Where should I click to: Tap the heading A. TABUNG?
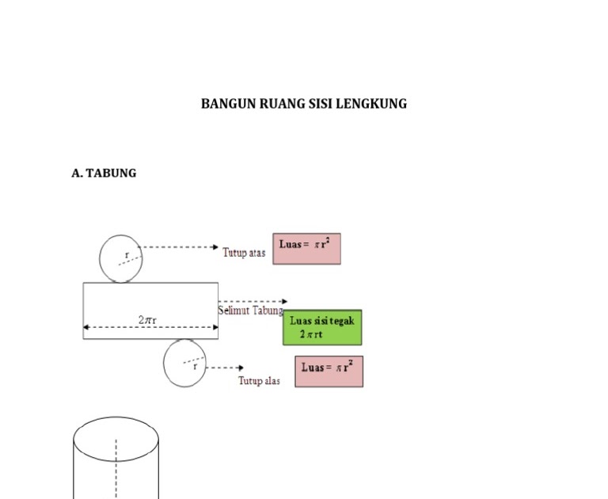pyautogui.click(x=104, y=173)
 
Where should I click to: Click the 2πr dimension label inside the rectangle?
pyautogui.click(x=147, y=320)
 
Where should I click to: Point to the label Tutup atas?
pyautogui.click(x=244, y=253)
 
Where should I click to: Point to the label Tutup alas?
pyautogui.click(x=259, y=381)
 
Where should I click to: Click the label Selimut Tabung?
pyautogui.click(x=250, y=311)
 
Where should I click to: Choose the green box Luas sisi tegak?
pyautogui.click(x=322, y=327)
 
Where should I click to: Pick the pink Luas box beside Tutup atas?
pyautogui.click(x=306, y=248)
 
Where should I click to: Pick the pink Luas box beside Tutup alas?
pyautogui.click(x=329, y=371)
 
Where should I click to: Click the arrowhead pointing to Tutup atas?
pyautogui.click(x=215, y=247)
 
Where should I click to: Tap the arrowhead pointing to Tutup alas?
pyautogui.click(x=240, y=368)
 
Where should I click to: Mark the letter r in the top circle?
pyautogui.click(x=127, y=254)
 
